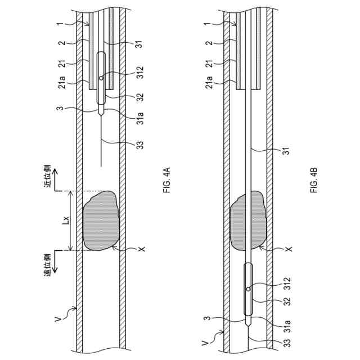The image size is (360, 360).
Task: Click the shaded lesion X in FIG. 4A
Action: click(101, 220)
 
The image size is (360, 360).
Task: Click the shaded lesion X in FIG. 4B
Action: click(248, 220)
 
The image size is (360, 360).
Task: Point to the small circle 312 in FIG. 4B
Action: click(248, 289)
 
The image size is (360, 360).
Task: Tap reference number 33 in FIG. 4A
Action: click(139, 145)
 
